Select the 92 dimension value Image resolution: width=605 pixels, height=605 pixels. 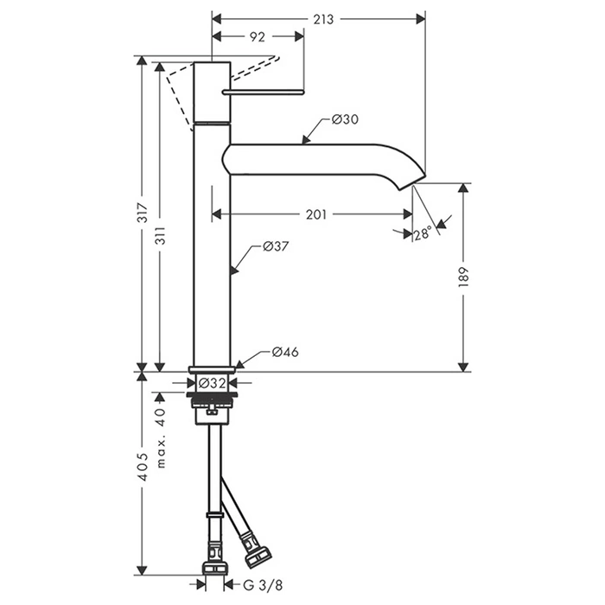click(256, 36)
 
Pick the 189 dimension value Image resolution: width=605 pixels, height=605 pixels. click(464, 277)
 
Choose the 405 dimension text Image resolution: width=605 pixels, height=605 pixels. click(142, 472)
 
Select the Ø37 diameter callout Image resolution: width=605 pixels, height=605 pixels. click(275, 247)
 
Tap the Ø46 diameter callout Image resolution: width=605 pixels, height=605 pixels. click(285, 352)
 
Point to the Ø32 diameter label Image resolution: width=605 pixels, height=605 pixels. click(212, 382)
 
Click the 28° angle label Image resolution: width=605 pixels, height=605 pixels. click(422, 233)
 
